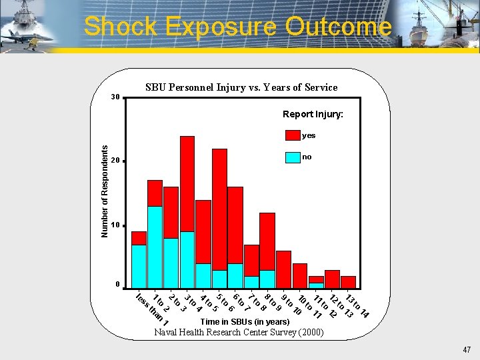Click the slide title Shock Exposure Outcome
click(237, 27)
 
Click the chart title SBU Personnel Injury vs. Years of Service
click(241, 87)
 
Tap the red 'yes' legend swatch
click(293, 135)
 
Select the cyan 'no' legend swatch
click(293, 157)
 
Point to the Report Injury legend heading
click(313, 115)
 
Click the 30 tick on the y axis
click(115, 97)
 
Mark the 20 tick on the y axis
click(115, 161)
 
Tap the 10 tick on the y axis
click(115, 225)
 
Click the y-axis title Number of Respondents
click(104, 192)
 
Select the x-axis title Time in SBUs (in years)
click(245, 322)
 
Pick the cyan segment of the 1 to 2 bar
click(155, 247)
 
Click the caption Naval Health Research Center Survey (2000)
click(239, 332)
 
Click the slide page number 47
click(466, 349)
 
